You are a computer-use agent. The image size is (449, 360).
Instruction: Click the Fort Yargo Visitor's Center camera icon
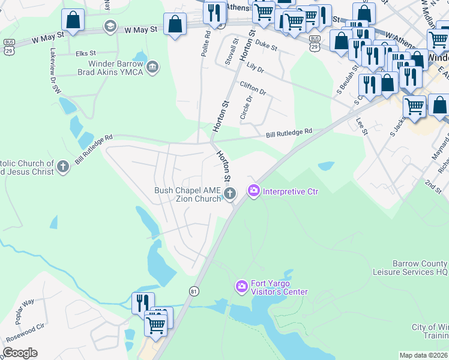[x=242, y=286]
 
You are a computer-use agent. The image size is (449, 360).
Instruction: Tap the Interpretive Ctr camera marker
[x=253, y=191]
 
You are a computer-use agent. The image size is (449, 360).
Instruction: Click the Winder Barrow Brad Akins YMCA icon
[x=152, y=66]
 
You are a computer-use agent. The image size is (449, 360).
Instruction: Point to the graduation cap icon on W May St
[x=110, y=26]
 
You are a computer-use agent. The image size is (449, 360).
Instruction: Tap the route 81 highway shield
[x=193, y=291]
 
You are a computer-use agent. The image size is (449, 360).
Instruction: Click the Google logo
[x=20, y=353]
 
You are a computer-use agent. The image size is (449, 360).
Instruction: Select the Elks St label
[x=86, y=53]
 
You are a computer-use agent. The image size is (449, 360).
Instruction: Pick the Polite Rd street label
[x=207, y=42]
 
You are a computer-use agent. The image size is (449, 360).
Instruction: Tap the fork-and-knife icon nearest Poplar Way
[x=142, y=302]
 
